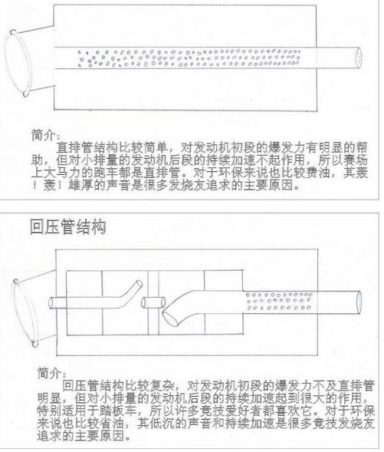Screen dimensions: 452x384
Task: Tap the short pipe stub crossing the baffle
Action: point(153,302)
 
